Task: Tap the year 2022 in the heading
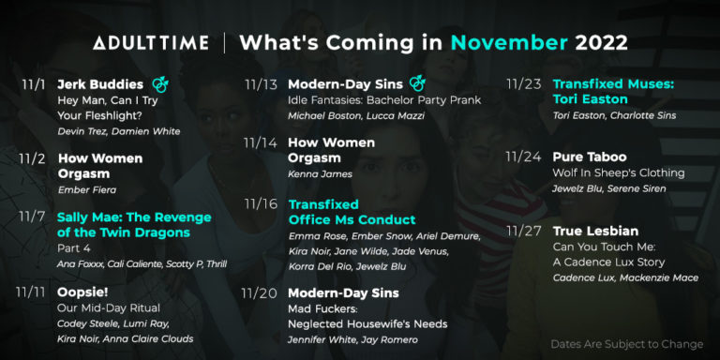pyautogui.click(x=601, y=43)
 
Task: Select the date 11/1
pyautogui.click(x=33, y=84)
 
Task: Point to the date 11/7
pyautogui.click(x=33, y=217)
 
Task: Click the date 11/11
pyautogui.click(x=31, y=292)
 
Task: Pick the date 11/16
pyautogui.click(x=261, y=203)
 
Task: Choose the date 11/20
pyautogui.click(x=260, y=293)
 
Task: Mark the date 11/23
pyautogui.click(x=524, y=84)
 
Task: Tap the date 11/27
pyautogui.click(x=523, y=231)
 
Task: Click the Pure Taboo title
pyautogui.click(x=590, y=157)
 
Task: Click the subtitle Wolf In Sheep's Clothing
pyautogui.click(x=619, y=172)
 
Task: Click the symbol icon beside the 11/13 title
pyautogui.click(x=417, y=84)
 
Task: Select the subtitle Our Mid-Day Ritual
pyautogui.click(x=109, y=307)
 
